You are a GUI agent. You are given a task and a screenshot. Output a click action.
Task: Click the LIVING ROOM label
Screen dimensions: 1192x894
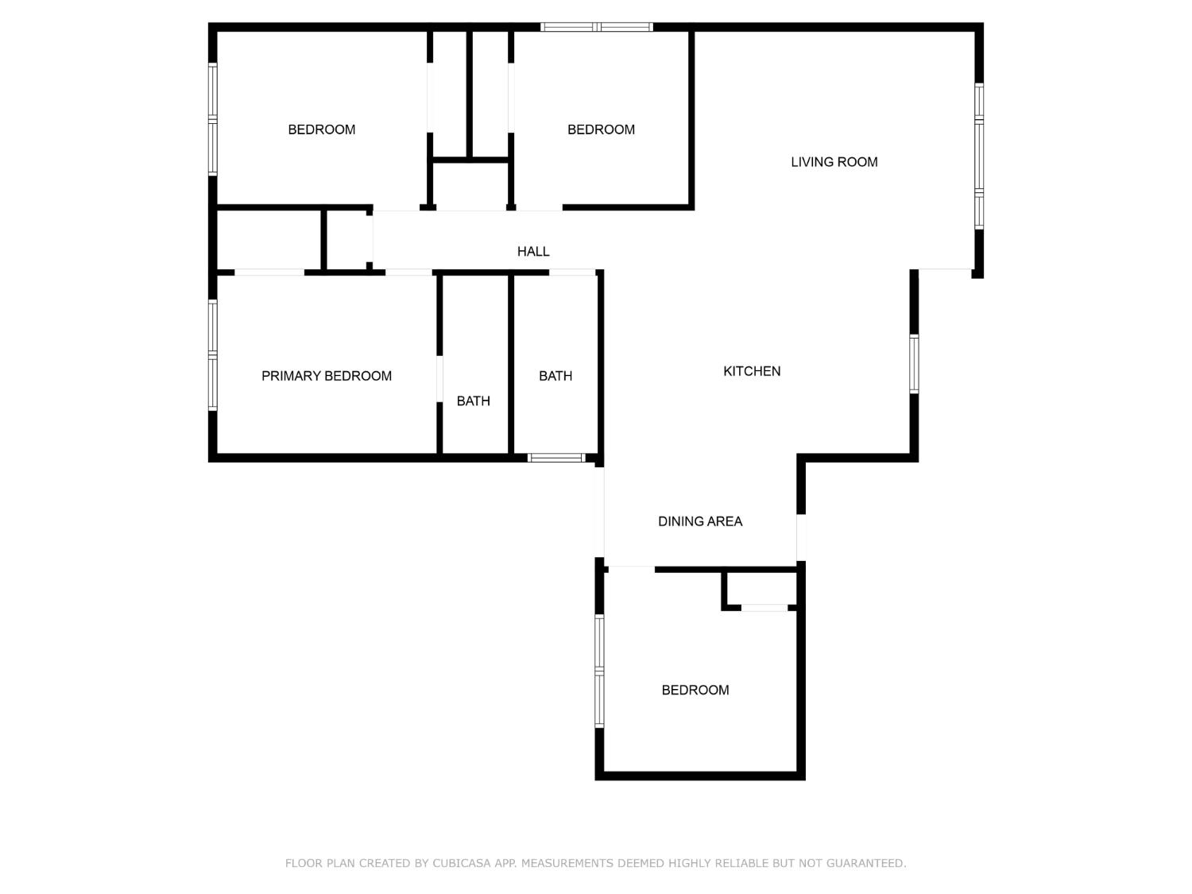click(x=834, y=162)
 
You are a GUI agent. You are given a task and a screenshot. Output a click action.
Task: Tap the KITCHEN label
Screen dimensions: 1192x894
click(x=752, y=371)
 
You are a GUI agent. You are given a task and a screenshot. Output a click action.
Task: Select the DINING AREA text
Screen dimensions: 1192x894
click(x=700, y=521)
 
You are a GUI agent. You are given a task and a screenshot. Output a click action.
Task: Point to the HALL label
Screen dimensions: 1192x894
click(x=533, y=251)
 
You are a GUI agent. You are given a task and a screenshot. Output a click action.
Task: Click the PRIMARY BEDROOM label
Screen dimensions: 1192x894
click(x=327, y=376)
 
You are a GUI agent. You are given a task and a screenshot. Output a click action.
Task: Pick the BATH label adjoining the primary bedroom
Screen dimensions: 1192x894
click(x=473, y=401)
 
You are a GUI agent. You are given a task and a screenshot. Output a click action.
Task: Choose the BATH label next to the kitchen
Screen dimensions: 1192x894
click(x=555, y=376)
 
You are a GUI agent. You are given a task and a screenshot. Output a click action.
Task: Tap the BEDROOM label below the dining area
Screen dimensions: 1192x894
click(x=695, y=690)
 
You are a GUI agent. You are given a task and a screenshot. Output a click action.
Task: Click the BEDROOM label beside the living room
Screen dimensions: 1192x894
click(x=601, y=130)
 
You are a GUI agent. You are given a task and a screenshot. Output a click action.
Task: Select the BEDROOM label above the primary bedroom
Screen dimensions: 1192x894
click(x=322, y=130)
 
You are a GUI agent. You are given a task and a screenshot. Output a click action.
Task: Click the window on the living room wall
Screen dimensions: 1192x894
click(x=978, y=156)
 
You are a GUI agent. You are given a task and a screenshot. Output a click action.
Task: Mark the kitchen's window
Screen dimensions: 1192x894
click(x=914, y=364)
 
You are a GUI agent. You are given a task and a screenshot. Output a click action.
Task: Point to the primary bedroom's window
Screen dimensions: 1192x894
click(x=213, y=355)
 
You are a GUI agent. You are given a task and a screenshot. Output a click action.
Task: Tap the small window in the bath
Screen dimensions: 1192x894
click(x=556, y=458)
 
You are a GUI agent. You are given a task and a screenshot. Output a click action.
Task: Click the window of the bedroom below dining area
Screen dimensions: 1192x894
click(x=599, y=671)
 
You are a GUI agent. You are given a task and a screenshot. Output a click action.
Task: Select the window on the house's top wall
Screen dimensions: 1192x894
click(x=596, y=27)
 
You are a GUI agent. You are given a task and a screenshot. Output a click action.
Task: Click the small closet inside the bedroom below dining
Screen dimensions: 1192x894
click(x=761, y=588)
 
